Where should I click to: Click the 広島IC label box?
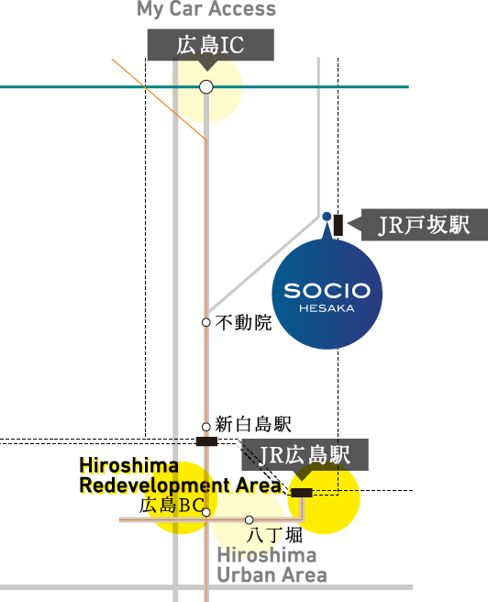(211, 45)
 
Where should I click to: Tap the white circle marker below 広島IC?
(206, 87)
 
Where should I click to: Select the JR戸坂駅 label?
(425, 225)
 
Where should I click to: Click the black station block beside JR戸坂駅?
(338, 225)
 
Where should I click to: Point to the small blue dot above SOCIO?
(327, 217)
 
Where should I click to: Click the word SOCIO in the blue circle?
(327, 291)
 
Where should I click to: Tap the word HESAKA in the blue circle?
(327, 308)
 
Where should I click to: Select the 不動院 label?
(244, 322)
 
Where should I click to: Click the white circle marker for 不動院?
(206, 322)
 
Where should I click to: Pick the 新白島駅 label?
(253, 424)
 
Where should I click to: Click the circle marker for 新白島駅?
(206, 427)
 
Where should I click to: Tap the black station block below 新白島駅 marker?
(206, 441)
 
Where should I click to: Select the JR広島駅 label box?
(305, 455)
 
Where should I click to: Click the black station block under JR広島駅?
(302, 493)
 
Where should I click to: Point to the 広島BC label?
(172, 506)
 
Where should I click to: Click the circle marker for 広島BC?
(206, 512)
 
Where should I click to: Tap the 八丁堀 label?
(274, 535)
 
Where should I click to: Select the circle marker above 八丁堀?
(250, 519)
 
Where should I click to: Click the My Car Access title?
(206, 9)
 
